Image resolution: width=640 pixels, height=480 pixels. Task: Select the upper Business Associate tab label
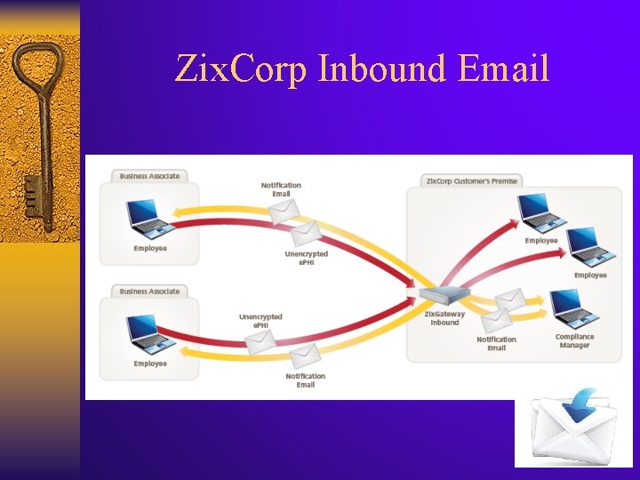point(149,176)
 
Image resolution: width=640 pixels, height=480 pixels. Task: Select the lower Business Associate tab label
point(149,292)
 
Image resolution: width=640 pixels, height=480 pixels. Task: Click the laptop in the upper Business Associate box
point(148,216)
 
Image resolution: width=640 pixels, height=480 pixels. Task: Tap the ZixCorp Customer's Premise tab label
point(471,180)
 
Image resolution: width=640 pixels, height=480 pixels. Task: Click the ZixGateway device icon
point(443,296)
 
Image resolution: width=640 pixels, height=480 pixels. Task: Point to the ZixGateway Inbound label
point(444,318)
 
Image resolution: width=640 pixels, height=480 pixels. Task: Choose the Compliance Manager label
point(574,341)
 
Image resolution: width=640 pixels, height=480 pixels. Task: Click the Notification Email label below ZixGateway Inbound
point(496,343)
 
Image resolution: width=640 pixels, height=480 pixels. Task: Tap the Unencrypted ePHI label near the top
point(306,258)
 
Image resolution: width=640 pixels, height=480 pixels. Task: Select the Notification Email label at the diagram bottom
point(305,380)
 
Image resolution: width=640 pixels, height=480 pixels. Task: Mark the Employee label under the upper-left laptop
point(150,248)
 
